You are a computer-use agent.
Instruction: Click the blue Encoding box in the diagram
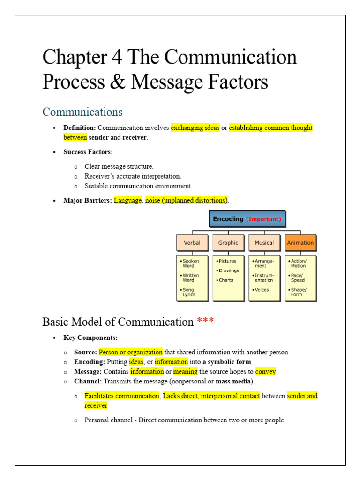[x=247, y=219]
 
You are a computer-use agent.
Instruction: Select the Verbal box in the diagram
[x=192, y=243]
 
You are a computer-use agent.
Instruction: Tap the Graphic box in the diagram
[x=228, y=243]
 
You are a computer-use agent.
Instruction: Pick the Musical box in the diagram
[x=264, y=243]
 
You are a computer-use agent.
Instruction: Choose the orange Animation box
[x=300, y=243]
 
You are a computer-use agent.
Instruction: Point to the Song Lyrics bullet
[x=188, y=292]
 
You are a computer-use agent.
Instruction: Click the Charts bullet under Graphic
[x=226, y=280]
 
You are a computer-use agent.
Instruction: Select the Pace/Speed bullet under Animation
[x=298, y=277]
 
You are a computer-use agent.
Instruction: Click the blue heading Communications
[x=82, y=112]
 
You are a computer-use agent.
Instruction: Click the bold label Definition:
[x=80, y=127]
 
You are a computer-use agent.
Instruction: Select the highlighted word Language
[x=127, y=200]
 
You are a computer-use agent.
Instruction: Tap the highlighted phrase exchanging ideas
[x=195, y=127]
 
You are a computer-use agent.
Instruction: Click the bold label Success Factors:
[x=88, y=152]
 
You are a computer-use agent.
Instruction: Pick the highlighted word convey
[x=265, y=372]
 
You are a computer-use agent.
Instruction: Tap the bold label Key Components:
[x=90, y=337]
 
